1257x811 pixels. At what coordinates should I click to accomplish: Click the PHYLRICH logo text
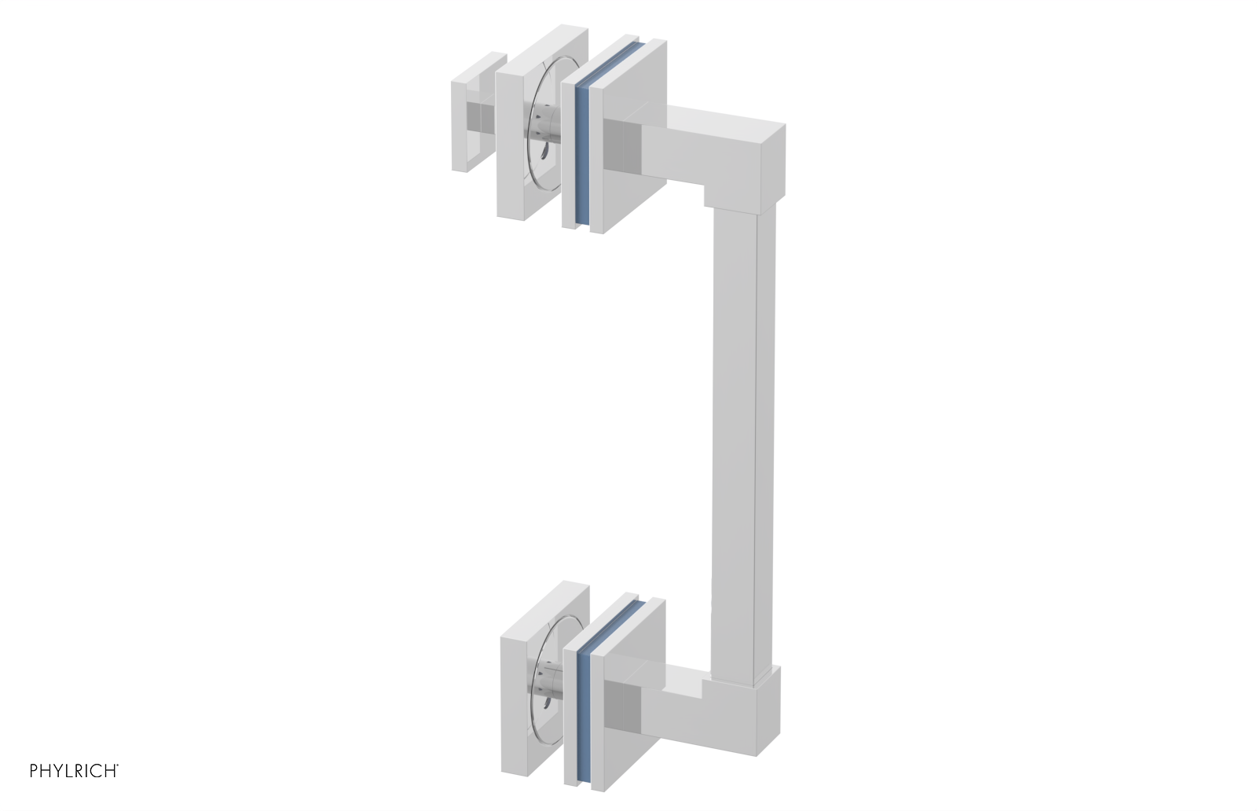click(74, 771)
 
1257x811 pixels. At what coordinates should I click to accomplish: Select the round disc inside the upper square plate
click(542, 132)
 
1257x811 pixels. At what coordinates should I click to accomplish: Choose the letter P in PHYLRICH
click(34, 771)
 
